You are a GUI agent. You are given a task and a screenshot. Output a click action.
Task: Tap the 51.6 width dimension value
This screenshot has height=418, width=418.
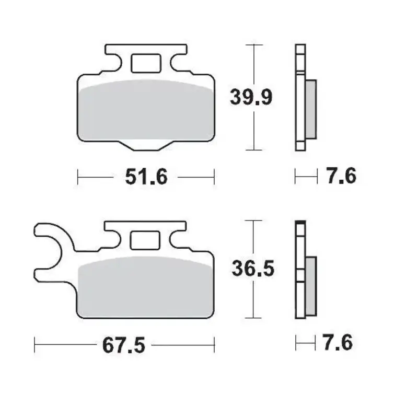coord(146,177)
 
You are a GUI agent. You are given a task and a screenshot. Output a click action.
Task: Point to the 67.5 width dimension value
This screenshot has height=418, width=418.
coord(123,344)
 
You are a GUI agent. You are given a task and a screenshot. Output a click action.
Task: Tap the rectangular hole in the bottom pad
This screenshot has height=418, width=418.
coord(145,240)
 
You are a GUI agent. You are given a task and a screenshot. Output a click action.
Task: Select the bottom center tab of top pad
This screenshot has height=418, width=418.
coord(146,145)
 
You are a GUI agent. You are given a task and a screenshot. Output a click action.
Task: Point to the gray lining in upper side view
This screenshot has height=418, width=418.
coord(310,110)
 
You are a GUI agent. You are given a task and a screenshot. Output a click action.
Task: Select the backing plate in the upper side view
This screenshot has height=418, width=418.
coord(299,99)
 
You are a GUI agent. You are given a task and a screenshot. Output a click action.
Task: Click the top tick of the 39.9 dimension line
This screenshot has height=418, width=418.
coord(254,45)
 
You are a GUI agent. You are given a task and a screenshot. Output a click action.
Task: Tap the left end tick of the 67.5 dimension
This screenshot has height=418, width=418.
coord(34,344)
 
